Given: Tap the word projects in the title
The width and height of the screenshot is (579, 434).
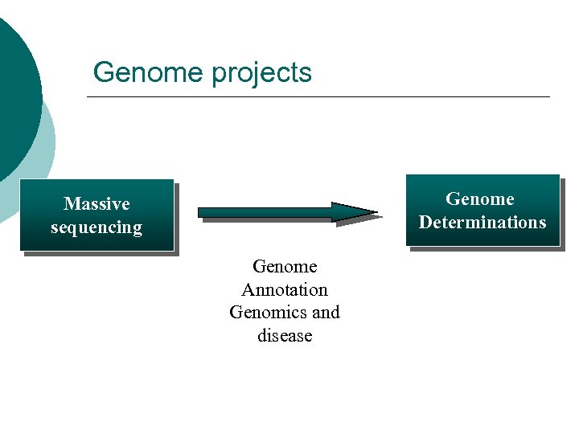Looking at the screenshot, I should click(261, 73).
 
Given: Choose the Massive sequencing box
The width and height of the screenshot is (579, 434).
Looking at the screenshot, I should click(96, 215).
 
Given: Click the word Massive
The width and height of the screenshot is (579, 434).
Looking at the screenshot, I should click(96, 204).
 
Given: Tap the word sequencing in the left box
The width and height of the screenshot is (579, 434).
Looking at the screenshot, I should click(96, 227).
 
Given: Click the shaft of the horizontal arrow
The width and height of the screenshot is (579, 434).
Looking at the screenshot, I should click(265, 212).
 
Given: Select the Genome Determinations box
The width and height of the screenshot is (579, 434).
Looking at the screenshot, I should click(482, 211).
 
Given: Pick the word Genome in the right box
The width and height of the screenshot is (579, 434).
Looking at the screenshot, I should click(480, 199).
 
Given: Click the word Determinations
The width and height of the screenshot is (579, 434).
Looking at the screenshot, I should click(482, 223).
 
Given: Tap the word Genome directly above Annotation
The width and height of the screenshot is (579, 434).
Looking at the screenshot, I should click(285, 266).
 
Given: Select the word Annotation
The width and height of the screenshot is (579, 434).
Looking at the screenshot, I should click(285, 289).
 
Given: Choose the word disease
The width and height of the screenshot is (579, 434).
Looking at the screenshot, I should click(285, 335).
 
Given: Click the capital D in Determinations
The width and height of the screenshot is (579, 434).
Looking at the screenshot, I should click(425, 223).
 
